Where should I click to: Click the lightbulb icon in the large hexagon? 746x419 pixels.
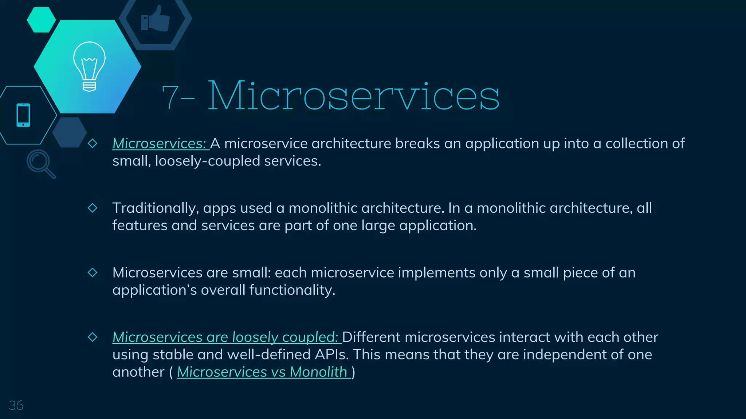(89, 66)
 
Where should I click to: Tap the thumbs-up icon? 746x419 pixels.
(156, 19)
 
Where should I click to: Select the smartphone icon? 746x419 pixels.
(23, 115)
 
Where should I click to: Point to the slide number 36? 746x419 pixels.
(16, 405)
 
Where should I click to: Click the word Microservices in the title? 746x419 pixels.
(353, 96)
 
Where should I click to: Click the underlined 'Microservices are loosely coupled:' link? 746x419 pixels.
(226, 337)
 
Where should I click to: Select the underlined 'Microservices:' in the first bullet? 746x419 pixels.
(160, 144)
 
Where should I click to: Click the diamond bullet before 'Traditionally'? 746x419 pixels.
(93, 208)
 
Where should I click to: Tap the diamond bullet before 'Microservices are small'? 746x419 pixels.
(93, 272)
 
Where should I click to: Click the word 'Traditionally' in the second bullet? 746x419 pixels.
(155, 208)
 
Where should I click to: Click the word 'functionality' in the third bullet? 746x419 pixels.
(291, 290)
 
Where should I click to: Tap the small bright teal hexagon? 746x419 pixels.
(41, 20)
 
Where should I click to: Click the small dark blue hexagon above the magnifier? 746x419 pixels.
(69, 132)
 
